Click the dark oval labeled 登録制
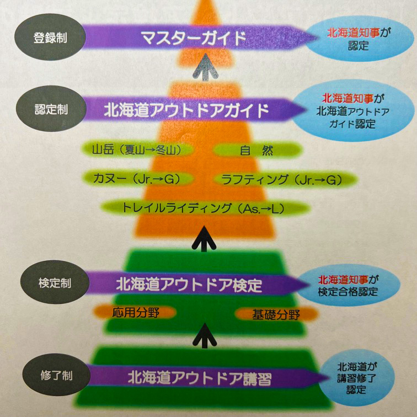tap(50, 38)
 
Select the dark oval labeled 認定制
tap(51, 109)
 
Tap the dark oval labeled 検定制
tap(55, 282)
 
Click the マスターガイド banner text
tap(194, 38)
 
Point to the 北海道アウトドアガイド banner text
tap(186, 110)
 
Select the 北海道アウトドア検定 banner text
tap(189, 285)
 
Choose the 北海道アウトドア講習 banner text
tap(200, 378)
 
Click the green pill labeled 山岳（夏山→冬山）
tap(137, 150)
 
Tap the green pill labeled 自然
tap(258, 151)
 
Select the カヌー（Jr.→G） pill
tap(137, 179)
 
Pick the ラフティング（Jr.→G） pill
tap(285, 180)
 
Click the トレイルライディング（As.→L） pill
tap(205, 208)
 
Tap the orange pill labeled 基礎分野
tap(276, 314)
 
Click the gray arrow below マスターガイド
tap(205, 67)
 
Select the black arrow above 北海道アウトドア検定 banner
tap(204, 239)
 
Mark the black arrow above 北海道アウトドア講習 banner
tap(205, 335)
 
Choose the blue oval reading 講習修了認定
tap(356, 378)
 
